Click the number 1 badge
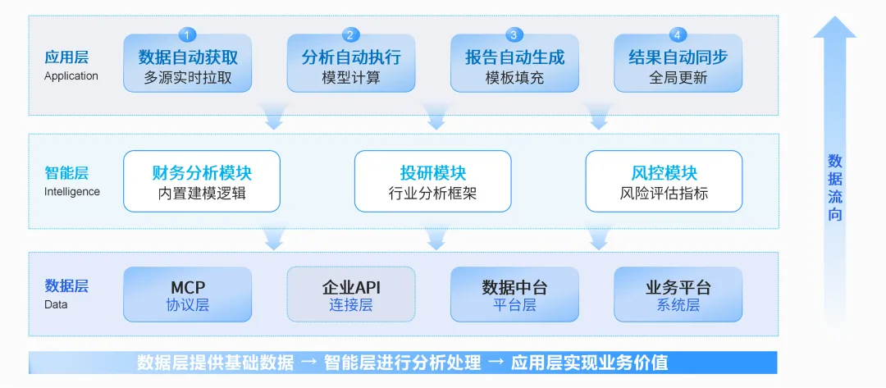[188, 34]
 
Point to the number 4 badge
[678, 34]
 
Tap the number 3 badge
[514, 34]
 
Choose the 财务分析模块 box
[202, 181]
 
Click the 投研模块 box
[432, 181]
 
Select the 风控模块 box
[664, 181]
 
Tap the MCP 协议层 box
[188, 294]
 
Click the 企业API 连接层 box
[351, 294]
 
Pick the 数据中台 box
[514, 294]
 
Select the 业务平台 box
[678, 294]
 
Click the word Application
[71, 76]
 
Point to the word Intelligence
[72, 192]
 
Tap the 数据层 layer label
[66, 286]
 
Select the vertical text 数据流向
[835, 188]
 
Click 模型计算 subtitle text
[351, 79]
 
